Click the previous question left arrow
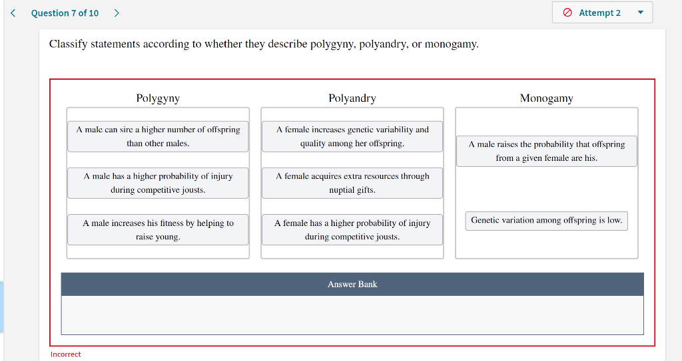point(13,13)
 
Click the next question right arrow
point(117,13)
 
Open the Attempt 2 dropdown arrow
point(641,13)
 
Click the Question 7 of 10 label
point(65,13)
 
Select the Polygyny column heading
point(158,98)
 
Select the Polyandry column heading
point(352,98)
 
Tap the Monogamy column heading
point(546,98)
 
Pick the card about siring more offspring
point(158,136)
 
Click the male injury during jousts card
point(158,183)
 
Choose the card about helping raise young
point(158,229)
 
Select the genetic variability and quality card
point(352,136)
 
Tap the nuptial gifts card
point(352,183)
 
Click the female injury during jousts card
point(352,229)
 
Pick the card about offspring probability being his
point(546,151)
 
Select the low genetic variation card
point(546,220)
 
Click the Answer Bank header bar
point(352,284)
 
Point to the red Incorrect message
point(65,354)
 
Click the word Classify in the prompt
point(68,45)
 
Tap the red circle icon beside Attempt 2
point(568,13)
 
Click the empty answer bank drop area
point(352,315)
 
